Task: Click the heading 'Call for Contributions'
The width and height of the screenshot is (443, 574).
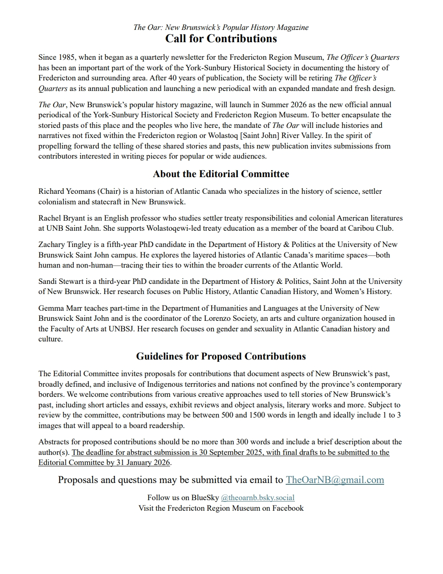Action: coord(221,39)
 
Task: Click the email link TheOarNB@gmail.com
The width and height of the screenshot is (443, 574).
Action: coord(334,480)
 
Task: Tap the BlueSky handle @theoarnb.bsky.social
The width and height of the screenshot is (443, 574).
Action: coord(258,498)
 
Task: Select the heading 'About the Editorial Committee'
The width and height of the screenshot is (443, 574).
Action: coord(221,174)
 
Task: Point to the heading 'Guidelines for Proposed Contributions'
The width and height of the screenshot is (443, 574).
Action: coord(221,356)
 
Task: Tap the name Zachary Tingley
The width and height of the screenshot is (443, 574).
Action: coord(65,245)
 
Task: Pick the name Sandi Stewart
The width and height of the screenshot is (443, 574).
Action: coord(61,281)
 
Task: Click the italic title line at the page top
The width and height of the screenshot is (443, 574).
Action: coord(221,27)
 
